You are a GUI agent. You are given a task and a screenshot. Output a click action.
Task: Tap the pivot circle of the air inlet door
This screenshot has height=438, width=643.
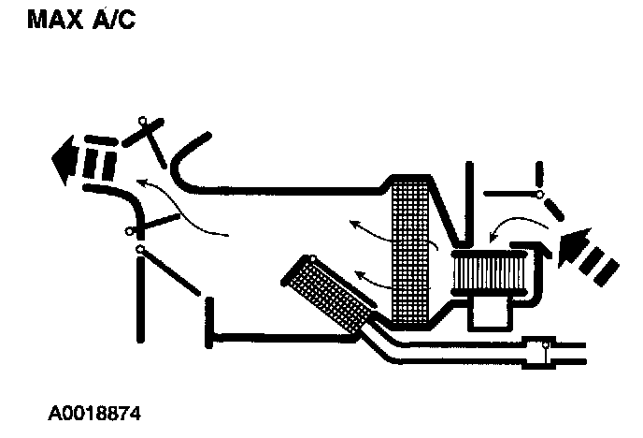pyautogui.click(x=539, y=196)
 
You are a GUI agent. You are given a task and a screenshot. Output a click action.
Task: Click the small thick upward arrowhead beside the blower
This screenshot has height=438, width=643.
pyautogui.click(x=540, y=247)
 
